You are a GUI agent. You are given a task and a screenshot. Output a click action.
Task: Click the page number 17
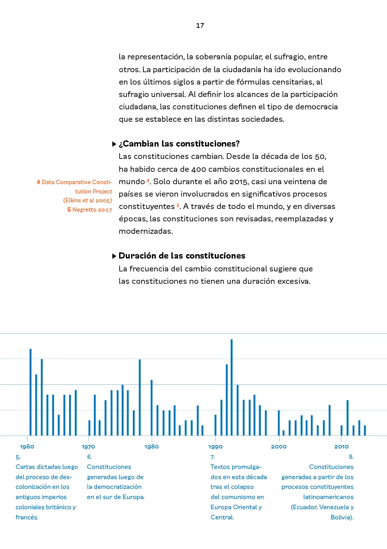tap(200, 26)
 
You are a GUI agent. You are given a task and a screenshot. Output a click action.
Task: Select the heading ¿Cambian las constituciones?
tap(179, 144)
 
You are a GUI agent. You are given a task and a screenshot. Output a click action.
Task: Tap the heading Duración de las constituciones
tap(182, 256)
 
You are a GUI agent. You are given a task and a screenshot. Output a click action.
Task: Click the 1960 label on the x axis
tap(27, 447)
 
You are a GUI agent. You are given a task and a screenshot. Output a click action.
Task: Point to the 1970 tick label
tap(88, 447)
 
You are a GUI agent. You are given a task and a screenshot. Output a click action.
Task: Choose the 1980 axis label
tap(151, 447)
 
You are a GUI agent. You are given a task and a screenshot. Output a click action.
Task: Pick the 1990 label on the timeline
tap(215, 447)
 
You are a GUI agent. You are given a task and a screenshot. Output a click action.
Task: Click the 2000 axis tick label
tap(279, 447)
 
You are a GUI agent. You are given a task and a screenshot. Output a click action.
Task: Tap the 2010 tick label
tap(341, 447)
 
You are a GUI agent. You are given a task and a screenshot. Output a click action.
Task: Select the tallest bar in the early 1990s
tap(232, 387)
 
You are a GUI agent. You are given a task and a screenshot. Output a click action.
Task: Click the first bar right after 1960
tap(31, 392)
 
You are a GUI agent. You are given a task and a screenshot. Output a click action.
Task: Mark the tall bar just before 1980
tap(140, 398)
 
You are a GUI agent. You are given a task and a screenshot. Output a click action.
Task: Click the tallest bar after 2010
tap(348, 418)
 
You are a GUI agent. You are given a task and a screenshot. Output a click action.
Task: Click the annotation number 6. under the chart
tap(89, 456)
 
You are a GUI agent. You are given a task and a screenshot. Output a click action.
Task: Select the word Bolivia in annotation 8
tap(341, 517)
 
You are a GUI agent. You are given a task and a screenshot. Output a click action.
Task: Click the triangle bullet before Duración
tap(114, 256)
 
